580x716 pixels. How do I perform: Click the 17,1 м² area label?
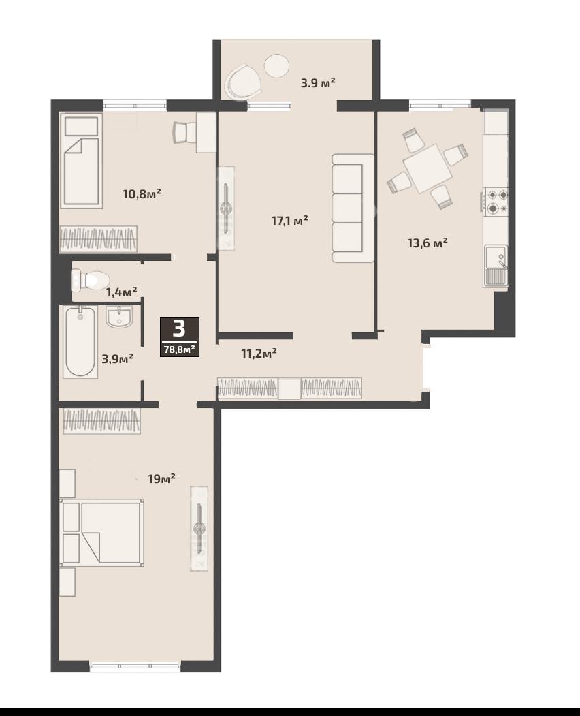coord(290,221)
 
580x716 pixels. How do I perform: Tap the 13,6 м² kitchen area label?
coord(427,243)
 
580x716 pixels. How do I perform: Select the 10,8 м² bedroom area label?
coord(142,194)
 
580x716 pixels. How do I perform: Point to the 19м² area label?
coord(161,478)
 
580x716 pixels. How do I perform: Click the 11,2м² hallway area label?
coord(259,353)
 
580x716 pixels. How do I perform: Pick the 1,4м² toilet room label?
coord(122,292)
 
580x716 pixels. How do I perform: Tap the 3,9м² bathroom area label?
coord(118,358)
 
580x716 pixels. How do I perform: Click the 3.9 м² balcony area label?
coord(318,83)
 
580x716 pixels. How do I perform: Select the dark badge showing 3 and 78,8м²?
coord(179,337)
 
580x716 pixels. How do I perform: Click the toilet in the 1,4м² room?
coord(91,279)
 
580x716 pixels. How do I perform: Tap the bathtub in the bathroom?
coord(80,341)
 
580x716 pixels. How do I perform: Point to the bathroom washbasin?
coord(120,317)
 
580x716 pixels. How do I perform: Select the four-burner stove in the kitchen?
coord(496,202)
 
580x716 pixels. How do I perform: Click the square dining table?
coord(428,168)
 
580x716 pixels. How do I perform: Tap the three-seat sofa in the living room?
coord(353,208)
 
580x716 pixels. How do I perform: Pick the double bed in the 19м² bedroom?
coord(101,533)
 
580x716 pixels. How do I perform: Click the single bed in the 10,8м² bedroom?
coord(81,160)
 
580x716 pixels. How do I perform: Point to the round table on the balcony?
coord(277,67)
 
